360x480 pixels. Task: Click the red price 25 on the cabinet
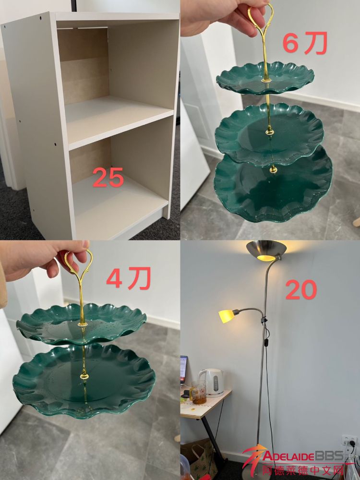tap(108, 177)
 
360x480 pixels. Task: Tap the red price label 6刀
tap(305, 43)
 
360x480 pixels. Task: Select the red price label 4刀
tap(129, 278)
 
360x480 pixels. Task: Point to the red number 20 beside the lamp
tap(301, 290)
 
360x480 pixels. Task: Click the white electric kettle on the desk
tap(211, 383)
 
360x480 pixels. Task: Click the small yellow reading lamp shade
tap(227, 316)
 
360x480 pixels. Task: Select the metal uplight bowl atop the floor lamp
tap(266, 251)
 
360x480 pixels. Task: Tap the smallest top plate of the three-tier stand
tap(265, 78)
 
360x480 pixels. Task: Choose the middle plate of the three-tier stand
tap(269, 133)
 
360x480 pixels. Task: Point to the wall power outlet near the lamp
tap(349, 441)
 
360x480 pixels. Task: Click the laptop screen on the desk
tap(183, 369)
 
